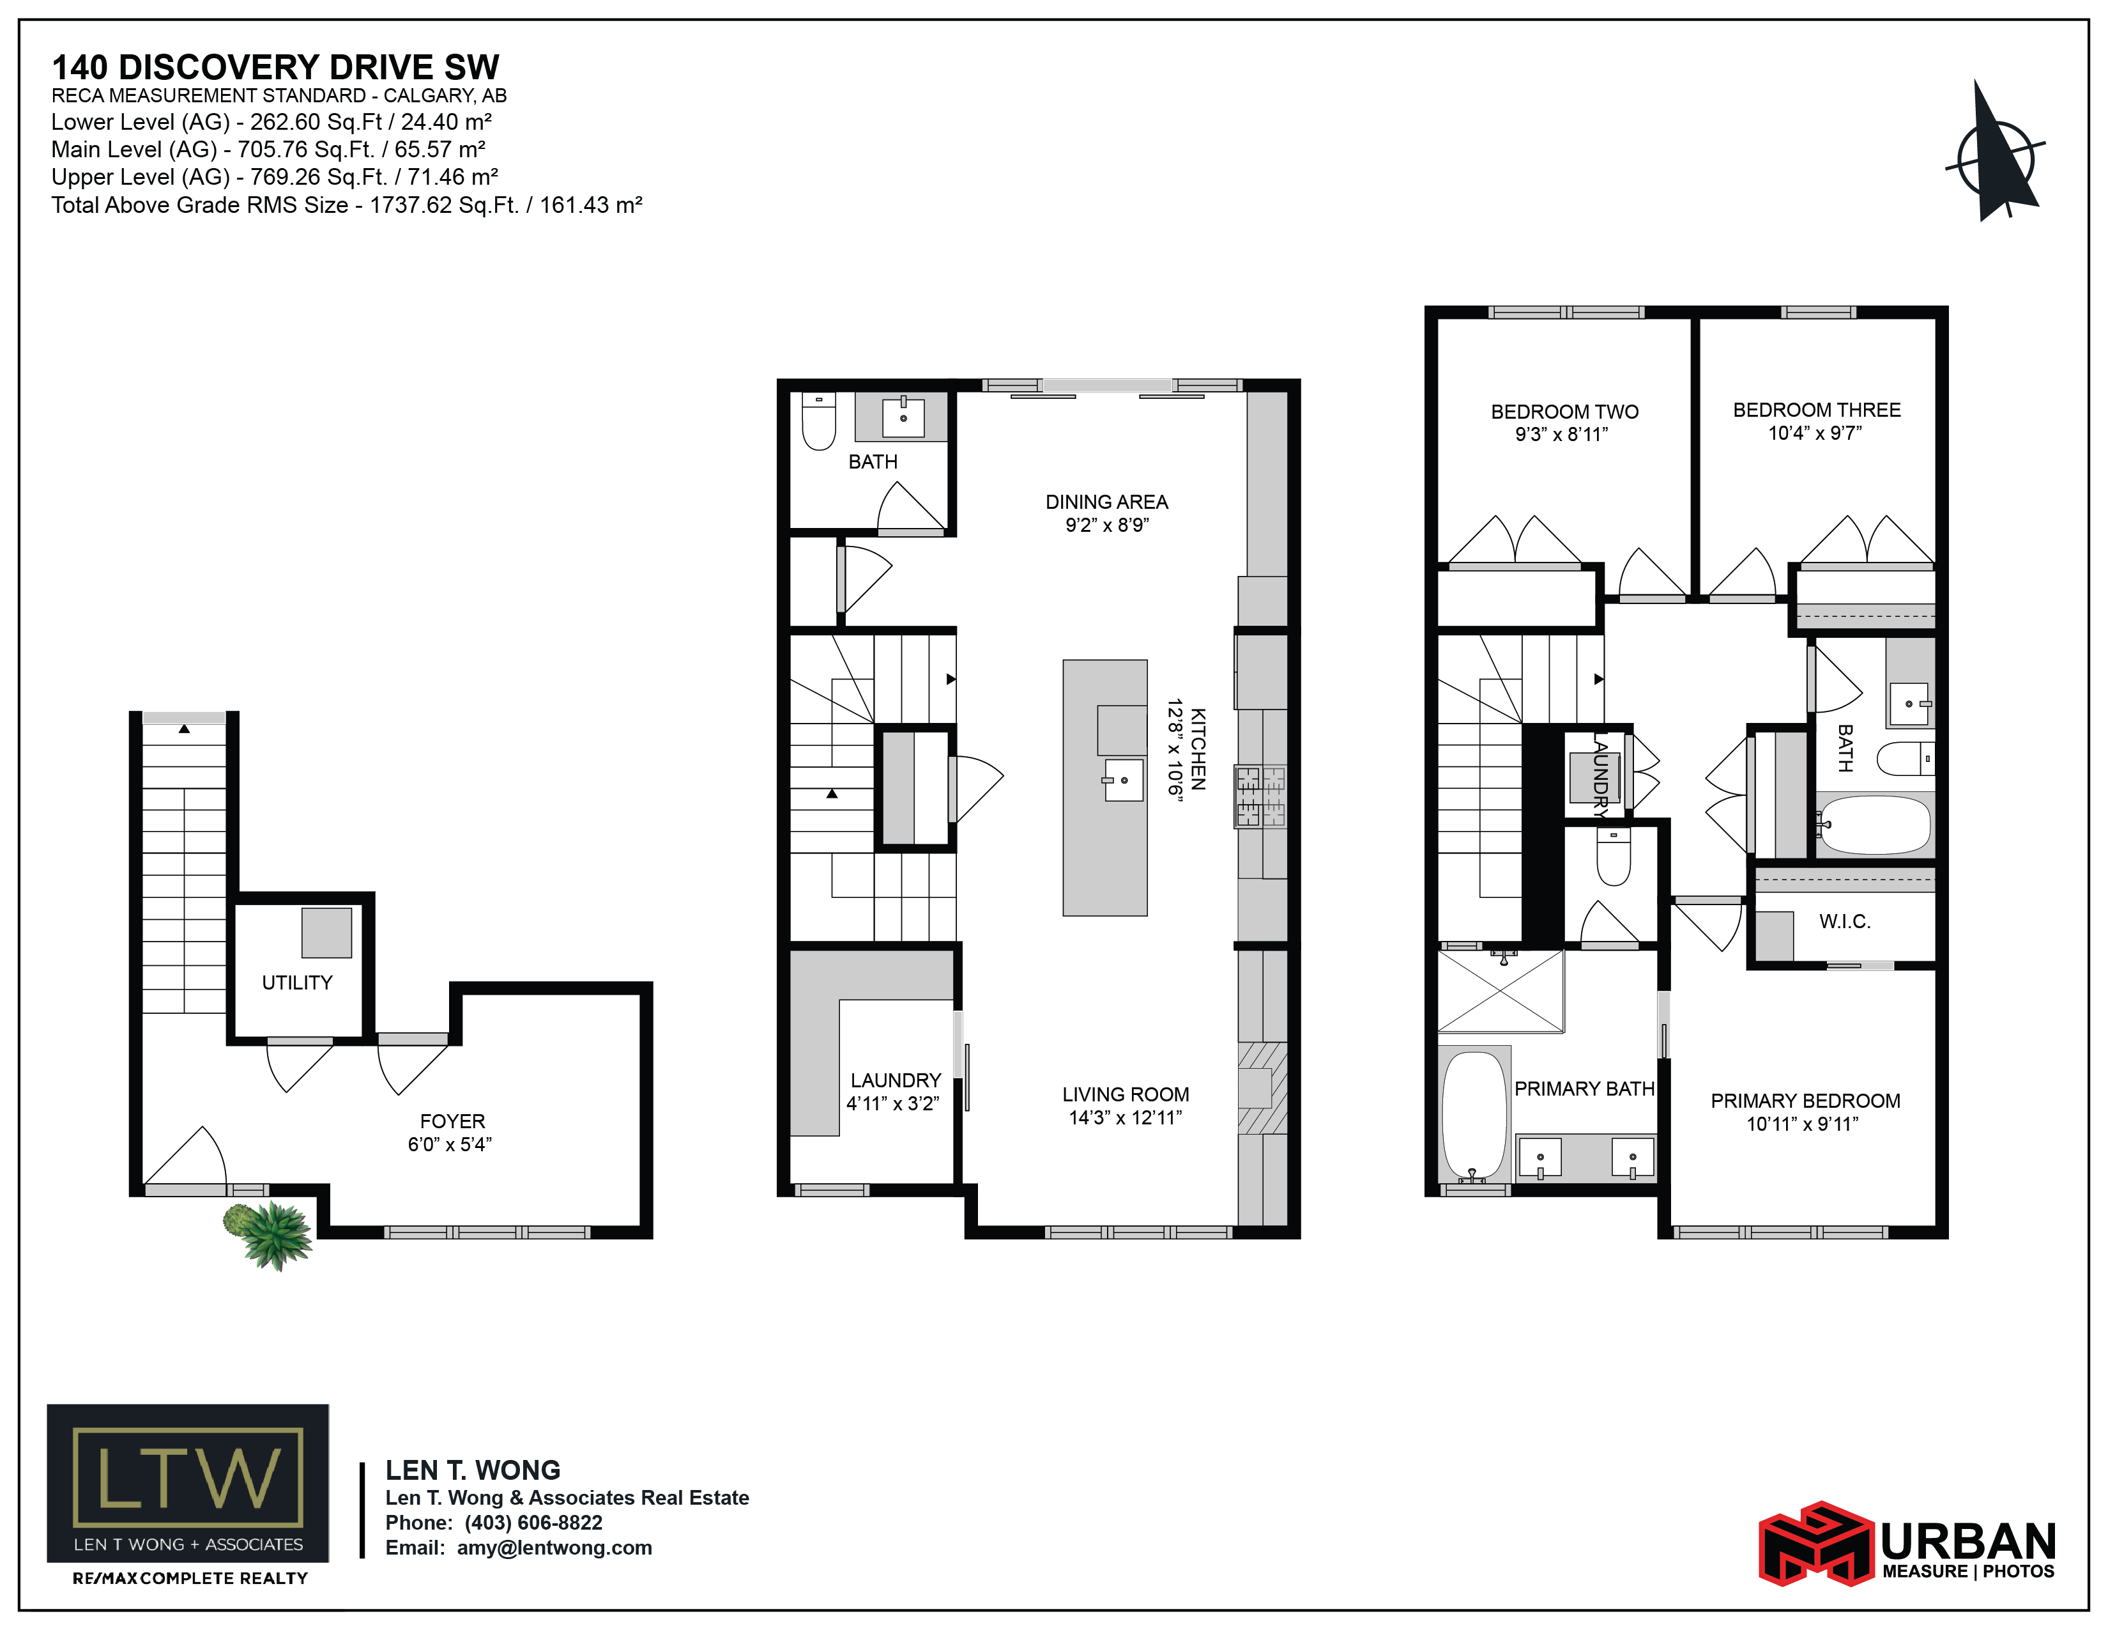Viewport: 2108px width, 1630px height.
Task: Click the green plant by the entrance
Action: (270, 1235)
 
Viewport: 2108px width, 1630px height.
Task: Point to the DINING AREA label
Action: (1106, 502)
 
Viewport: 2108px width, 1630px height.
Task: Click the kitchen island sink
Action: (1124, 780)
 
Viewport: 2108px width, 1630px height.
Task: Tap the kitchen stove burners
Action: (1260, 796)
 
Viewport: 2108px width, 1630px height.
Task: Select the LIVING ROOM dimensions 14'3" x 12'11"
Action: (1126, 1118)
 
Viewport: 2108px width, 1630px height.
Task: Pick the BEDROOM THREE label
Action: (1817, 410)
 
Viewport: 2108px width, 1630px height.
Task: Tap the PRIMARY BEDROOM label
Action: (1805, 1101)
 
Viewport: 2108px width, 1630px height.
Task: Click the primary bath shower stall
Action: (1501, 991)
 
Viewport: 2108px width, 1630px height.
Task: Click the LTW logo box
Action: (188, 1482)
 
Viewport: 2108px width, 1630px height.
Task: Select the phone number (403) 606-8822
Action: (534, 1523)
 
